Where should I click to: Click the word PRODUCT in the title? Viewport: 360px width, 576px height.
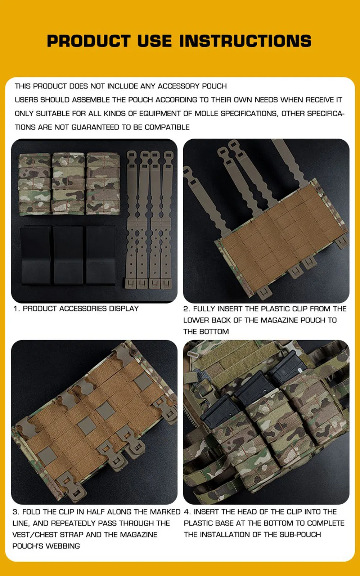pos(89,41)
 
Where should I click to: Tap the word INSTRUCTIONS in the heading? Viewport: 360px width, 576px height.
pos(246,41)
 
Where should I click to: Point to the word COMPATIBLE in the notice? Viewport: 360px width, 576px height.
pos(167,127)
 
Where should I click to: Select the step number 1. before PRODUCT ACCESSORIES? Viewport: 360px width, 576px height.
pos(17,309)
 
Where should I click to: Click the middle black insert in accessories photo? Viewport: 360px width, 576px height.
pos(68,255)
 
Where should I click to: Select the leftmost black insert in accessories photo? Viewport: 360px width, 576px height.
pos(36,255)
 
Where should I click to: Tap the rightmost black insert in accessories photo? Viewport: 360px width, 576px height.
pos(100,255)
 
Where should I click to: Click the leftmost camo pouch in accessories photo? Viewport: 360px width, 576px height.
pos(35,184)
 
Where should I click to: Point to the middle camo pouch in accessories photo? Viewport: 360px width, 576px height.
pos(68,184)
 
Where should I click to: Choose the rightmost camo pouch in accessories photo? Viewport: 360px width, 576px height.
pos(103,184)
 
